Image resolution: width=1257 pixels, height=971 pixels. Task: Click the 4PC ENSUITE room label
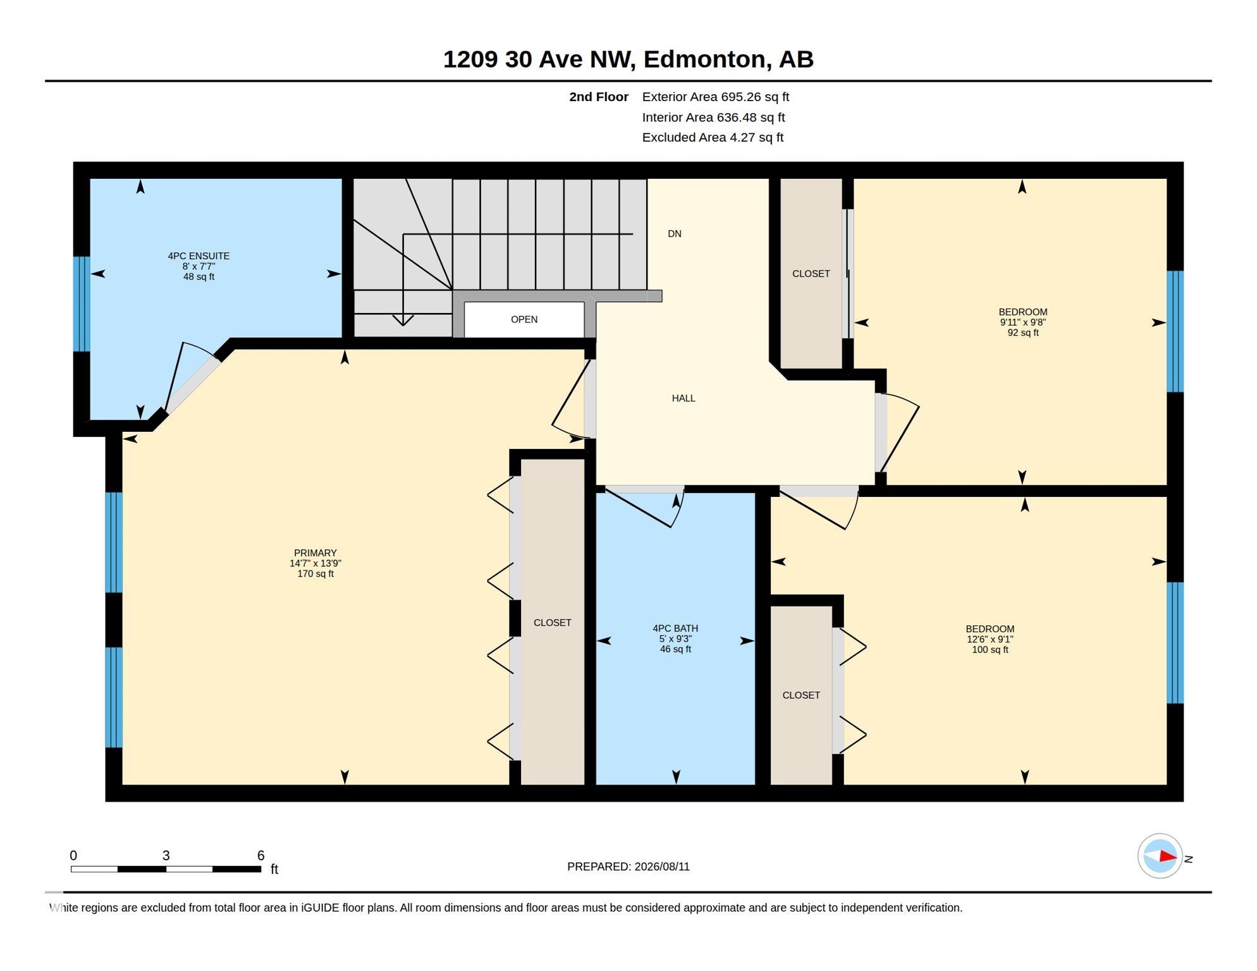(x=199, y=256)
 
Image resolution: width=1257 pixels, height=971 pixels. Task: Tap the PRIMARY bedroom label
(x=315, y=553)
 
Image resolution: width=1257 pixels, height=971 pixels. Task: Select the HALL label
(x=684, y=398)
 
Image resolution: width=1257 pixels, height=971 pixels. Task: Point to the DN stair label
(x=675, y=234)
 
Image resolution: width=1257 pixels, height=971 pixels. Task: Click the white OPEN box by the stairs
(x=524, y=319)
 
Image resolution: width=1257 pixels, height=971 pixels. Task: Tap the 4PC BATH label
(x=675, y=628)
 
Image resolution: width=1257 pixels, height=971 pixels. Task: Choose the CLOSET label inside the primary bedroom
(x=552, y=623)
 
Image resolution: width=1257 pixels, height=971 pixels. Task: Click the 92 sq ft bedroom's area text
(x=1023, y=333)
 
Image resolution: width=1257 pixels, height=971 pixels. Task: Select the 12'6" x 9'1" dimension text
(x=990, y=639)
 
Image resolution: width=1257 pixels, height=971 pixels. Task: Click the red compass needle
(x=1168, y=857)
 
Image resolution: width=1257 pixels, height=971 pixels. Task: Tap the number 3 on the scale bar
(x=166, y=855)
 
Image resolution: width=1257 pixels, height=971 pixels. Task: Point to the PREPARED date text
(x=628, y=867)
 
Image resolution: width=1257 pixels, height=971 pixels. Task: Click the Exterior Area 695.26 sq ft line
(x=716, y=97)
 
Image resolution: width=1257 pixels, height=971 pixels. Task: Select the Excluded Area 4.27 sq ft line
(x=713, y=137)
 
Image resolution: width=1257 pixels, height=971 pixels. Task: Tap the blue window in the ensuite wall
(x=82, y=303)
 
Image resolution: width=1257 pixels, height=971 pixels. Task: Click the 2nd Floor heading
(x=599, y=97)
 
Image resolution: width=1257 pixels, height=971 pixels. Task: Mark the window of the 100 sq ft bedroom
(x=1175, y=643)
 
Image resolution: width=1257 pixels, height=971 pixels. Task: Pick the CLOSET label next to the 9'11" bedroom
(x=811, y=274)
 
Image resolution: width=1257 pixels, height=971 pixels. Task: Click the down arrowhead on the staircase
(x=403, y=320)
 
